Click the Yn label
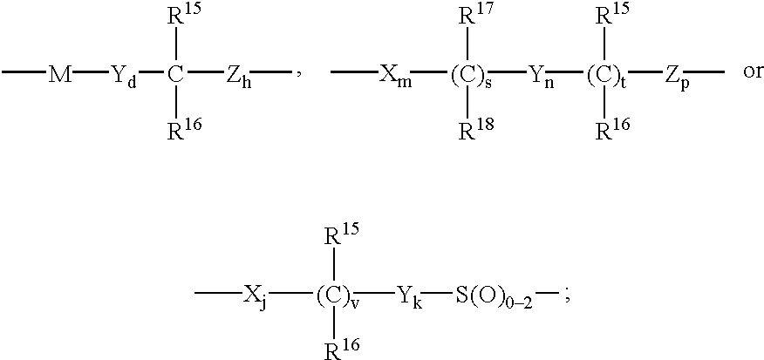click(x=537, y=76)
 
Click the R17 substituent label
click(x=476, y=17)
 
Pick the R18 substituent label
click(x=476, y=127)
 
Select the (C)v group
click(x=334, y=295)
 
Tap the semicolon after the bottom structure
click(x=567, y=297)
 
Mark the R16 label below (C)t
click(x=612, y=127)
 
